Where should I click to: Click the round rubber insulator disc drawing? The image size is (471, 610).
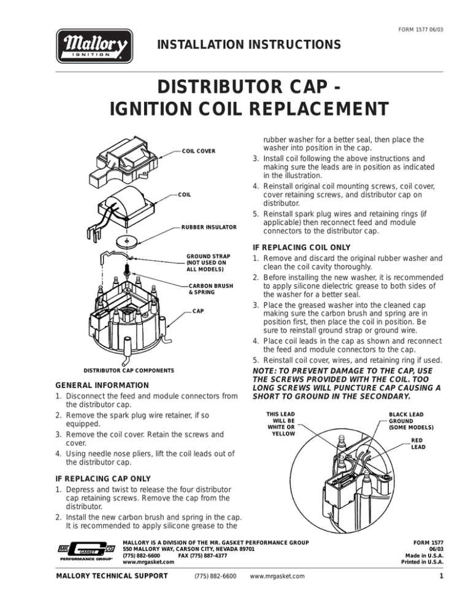coord(126,240)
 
